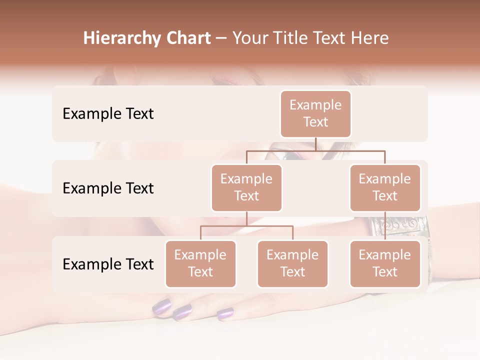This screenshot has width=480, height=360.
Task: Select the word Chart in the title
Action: coord(186,38)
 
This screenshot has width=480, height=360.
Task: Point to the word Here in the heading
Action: coord(369,38)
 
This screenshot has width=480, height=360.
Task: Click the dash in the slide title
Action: coord(221,39)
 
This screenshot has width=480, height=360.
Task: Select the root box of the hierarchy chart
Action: coord(315,113)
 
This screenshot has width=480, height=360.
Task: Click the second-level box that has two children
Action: coord(246,187)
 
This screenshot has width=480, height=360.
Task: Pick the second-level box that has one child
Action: coord(385,187)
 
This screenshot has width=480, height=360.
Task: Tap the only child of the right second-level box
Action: coord(385,263)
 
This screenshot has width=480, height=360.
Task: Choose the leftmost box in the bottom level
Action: coord(200,263)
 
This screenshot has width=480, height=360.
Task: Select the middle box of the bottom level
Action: coord(292,263)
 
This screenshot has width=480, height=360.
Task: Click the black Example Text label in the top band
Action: coord(108,114)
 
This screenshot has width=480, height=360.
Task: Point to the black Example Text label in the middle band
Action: coord(108,188)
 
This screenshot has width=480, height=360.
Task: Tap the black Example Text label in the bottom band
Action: coord(108,264)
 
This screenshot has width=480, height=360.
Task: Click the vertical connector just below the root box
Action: coord(315,144)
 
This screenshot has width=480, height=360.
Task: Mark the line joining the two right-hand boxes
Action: coord(385,225)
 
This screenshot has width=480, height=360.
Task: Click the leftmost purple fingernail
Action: coord(161,306)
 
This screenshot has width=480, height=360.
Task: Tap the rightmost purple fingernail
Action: coord(225,314)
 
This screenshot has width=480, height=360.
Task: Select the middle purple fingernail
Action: coord(182,313)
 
